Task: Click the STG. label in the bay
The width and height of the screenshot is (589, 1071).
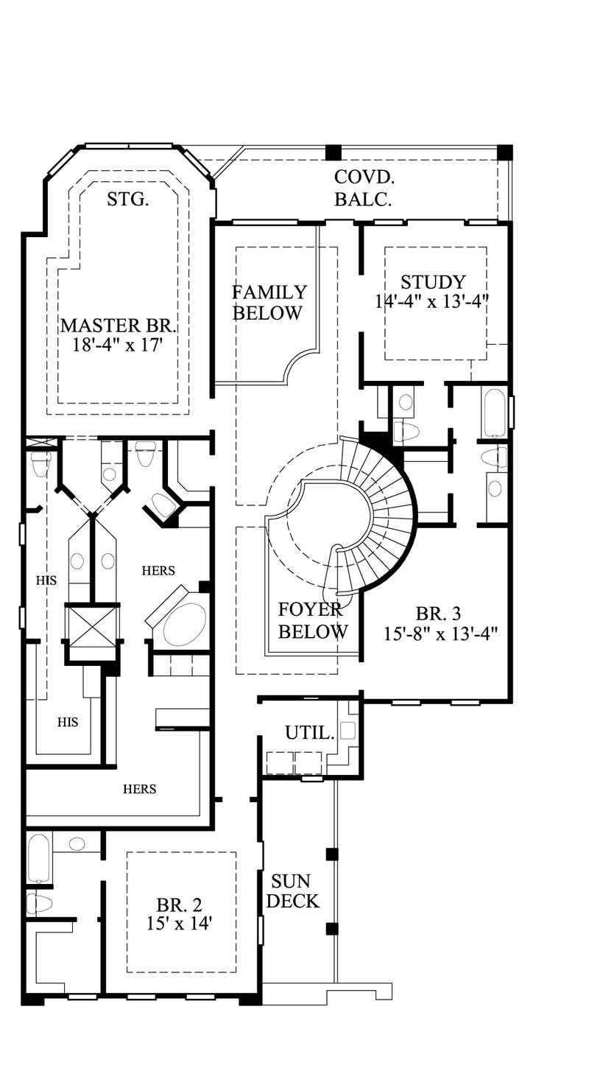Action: pos(128,199)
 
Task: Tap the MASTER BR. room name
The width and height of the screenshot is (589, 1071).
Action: pos(119,326)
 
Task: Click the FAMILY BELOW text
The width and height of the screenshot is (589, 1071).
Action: pos(268,302)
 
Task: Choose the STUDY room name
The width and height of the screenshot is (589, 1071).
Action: pos(433,282)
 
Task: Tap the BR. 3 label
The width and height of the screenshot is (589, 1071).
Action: pos(438,614)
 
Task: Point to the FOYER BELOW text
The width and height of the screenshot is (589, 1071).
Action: pos(313,620)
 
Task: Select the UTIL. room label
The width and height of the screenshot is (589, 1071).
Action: pos(310,732)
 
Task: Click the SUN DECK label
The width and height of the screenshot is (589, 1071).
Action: pos(292,891)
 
